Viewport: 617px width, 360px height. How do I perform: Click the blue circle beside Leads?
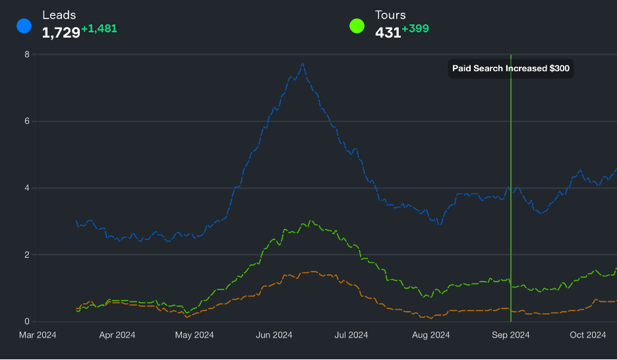[x=24, y=26]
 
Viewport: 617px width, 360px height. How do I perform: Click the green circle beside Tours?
[x=357, y=26]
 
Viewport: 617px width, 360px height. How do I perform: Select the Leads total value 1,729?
[x=61, y=32]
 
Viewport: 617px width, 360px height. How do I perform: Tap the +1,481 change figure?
[x=99, y=29]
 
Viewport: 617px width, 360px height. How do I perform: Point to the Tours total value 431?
[x=388, y=32]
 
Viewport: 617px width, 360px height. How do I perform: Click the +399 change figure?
[x=415, y=29]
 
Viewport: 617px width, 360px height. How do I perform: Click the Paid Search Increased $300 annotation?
[x=511, y=69]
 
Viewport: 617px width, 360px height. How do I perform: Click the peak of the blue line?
[x=303, y=64]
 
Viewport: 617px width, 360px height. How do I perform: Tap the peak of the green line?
[x=310, y=221]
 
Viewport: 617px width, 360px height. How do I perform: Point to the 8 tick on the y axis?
[x=27, y=54]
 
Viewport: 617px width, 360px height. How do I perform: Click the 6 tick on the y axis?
[x=27, y=121]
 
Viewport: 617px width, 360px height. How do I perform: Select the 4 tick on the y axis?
[x=27, y=188]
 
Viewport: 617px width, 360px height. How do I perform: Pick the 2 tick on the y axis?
[x=27, y=255]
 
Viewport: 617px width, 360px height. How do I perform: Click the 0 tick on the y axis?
[x=27, y=322]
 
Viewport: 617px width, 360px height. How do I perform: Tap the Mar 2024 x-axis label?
[x=38, y=335]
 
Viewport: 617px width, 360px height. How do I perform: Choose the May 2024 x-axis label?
[x=193, y=335]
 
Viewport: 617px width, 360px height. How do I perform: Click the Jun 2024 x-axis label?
[x=273, y=335]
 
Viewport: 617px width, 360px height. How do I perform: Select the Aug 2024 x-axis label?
[x=431, y=335]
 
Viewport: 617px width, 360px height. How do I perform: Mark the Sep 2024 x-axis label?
[x=511, y=335]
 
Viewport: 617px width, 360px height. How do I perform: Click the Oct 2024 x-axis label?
[x=587, y=335]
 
